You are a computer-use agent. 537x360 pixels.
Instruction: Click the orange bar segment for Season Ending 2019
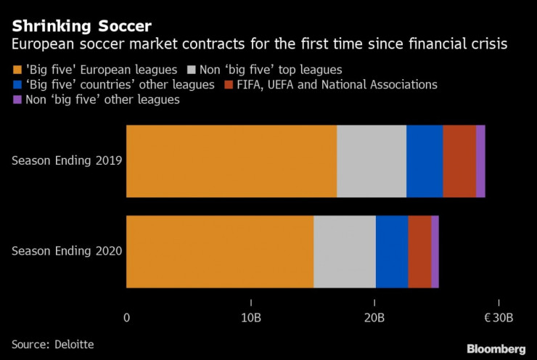(231, 161)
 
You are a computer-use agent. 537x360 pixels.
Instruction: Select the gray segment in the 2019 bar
(371, 161)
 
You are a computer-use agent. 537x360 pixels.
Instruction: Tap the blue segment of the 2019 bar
(424, 161)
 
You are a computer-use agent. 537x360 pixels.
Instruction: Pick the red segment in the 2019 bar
(459, 161)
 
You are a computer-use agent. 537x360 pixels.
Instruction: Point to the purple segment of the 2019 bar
(480, 161)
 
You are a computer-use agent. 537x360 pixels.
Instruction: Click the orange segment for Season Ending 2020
(219, 251)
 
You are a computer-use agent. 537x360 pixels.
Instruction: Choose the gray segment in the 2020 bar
(344, 251)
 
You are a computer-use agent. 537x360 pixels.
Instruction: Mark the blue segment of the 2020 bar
(391, 251)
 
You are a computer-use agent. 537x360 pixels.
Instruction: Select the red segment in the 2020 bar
(419, 251)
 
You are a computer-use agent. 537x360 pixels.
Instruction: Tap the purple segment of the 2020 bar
(435, 251)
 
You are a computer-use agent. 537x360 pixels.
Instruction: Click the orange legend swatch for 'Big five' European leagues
(17, 70)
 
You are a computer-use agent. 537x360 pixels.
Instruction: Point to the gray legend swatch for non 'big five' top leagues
(192, 70)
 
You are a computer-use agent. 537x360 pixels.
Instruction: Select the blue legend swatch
(17, 85)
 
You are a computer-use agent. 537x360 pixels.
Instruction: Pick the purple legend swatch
(17, 100)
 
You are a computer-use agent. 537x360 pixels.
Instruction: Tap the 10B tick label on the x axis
(250, 318)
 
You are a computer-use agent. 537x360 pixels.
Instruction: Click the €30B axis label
(499, 318)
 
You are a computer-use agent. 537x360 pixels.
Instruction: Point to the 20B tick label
(374, 318)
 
